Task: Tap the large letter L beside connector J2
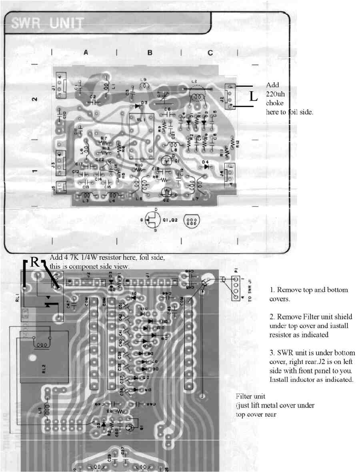[253, 96]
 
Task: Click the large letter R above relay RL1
[35, 262]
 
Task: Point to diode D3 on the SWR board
[138, 106]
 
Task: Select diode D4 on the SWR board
[206, 167]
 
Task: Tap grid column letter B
[150, 52]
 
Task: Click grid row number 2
[34, 99]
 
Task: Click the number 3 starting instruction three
[271, 353]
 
